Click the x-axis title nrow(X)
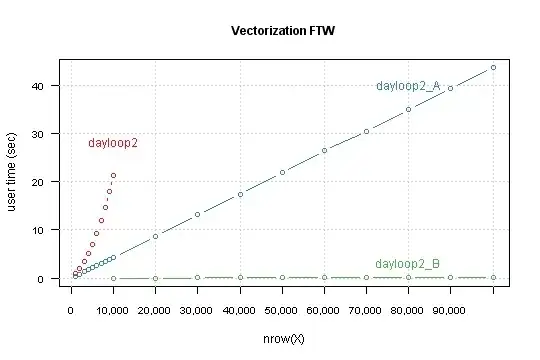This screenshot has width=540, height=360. tap(283, 340)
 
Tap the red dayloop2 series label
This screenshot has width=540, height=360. tap(113, 143)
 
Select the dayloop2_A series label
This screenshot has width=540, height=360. tap(408, 86)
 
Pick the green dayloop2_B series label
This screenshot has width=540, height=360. tap(407, 264)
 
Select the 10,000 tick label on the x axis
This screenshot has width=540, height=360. tap(113, 311)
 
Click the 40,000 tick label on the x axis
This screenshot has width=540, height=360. tap(240, 311)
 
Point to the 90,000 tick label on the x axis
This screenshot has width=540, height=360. tap(451, 311)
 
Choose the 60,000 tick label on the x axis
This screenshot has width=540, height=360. tap(324, 311)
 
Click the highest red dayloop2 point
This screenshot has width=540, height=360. tap(113, 176)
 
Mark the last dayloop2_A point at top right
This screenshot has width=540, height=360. tap(493, 68)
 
